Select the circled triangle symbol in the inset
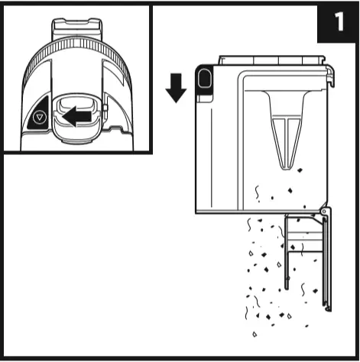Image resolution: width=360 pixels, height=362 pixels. pos(41,118)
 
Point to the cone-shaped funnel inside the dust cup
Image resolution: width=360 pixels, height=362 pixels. pos(284,126)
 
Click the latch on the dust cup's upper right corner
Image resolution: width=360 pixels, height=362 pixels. pos(329,73)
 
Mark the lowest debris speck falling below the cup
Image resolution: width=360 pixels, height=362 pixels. pos(254,333)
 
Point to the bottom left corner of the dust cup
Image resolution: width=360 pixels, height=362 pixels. pos(198,211)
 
